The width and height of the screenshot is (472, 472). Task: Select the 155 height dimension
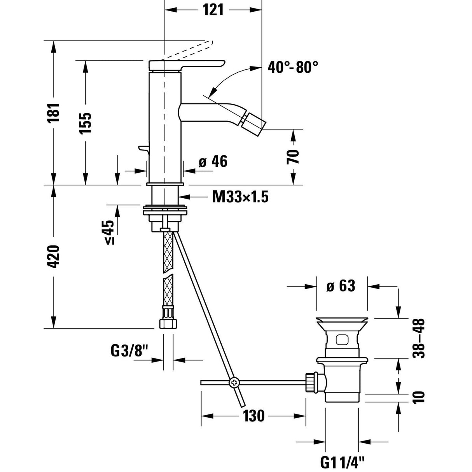tap(86, 123)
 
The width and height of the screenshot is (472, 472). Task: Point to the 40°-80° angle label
tap(293, 68)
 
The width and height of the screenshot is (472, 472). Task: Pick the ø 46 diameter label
tap(213, 162)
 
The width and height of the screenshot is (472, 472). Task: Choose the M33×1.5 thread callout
tap(240, 197)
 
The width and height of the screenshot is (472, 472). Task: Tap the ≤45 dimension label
tap(109, 232)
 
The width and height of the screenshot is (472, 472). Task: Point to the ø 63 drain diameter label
tap(341, 287)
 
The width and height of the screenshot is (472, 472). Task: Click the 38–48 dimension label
tap(419, 338)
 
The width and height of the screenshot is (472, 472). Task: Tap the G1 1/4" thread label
tap(343, 462)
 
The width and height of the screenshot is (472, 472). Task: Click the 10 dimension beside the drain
tap(420, 397)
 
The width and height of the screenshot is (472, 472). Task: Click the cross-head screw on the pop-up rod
tap(234, 383)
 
